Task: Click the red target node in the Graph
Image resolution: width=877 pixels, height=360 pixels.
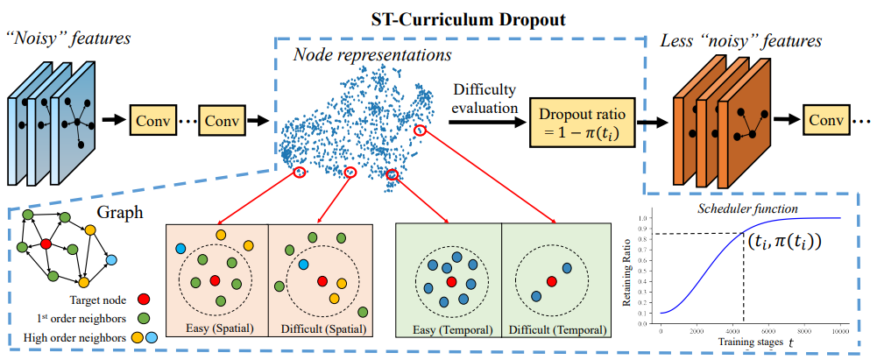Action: point(46,244)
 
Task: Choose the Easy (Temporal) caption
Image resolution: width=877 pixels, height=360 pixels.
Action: point(449,331)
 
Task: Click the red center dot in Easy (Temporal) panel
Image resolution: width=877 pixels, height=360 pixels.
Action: point(450,282)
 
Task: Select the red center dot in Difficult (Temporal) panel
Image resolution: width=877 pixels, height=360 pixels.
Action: point(550,280)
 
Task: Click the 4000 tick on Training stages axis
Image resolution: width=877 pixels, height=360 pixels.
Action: point(732,331)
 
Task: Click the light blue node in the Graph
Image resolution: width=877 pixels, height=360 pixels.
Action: point(110,258)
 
